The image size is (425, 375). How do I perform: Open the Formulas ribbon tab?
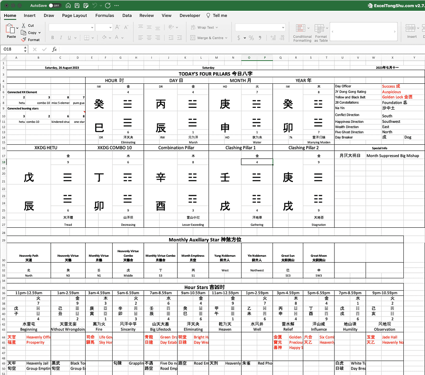[x=105, y=15]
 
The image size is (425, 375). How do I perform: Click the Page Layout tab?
[x=74, y=15]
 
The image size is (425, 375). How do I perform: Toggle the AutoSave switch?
[x=54, y=6]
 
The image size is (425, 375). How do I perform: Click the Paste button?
[x=11, y=31]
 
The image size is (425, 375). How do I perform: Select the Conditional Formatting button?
[x=302, y=32]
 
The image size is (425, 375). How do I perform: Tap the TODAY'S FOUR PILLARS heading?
[x=216, y=74]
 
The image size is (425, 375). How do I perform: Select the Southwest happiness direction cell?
[x=391, y=122]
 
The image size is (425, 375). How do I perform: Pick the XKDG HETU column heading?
[x=46, y=148]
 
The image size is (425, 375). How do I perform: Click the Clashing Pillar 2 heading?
[x=303, y=148]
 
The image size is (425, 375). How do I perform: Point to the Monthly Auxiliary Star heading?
[x=205, y=240]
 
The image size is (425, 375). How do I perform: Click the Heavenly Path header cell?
[x=29, y=258]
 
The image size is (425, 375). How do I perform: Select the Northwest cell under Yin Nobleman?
[x=257, y=270]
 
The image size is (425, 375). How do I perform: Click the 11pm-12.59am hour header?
[x=29, y=293]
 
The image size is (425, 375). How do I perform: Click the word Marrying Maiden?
[x=319, y=142]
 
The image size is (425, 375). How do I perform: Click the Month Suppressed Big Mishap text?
[x=393, y=156]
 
